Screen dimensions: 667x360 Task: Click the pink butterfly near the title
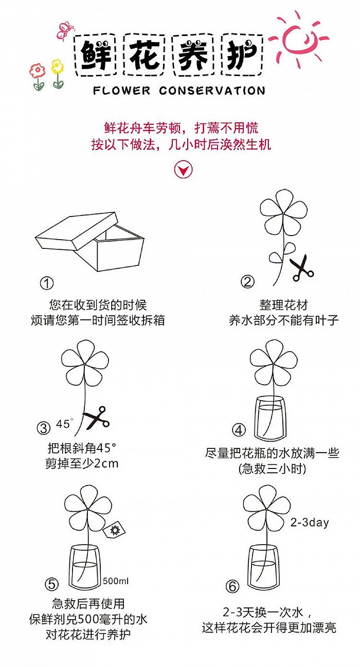pos(64,31)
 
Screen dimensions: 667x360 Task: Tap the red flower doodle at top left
pos(38,72)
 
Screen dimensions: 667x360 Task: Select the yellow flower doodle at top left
pos(57,67)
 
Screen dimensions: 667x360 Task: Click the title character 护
pos(242,55)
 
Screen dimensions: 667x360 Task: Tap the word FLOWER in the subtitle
pos(122,91)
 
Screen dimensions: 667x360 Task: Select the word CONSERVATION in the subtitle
pos(212,91)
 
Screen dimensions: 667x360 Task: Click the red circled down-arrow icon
pos(183,169)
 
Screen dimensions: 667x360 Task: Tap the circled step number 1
pos(47,283)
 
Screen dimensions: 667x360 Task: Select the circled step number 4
pos(239,430)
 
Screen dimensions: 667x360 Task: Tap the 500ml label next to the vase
pos(116,581)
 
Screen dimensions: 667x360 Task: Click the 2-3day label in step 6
pos(310,522)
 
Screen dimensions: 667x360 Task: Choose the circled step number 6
pos(232,586)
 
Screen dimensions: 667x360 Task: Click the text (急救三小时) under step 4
pos(272,468)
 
